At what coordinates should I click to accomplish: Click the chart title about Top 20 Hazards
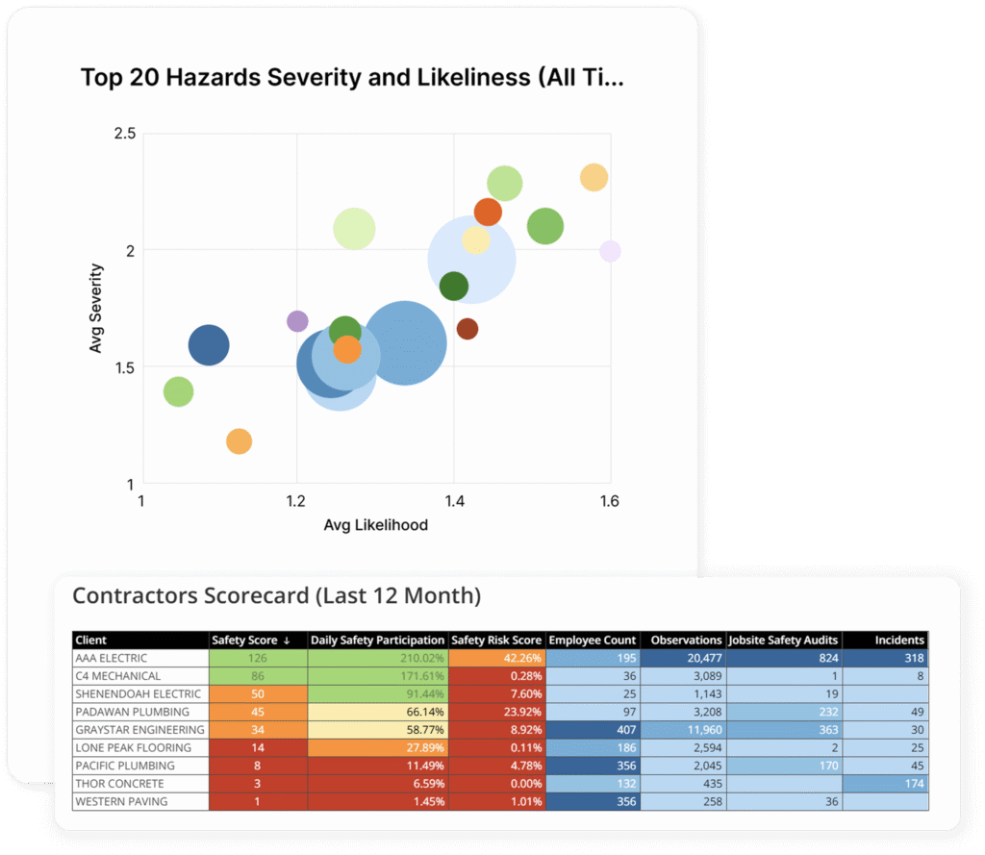click(352, 78)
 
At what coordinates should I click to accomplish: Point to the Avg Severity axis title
click(96, 308)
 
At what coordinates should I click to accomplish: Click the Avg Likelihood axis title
click(376, 525)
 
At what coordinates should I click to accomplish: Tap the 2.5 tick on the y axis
click(125, 133)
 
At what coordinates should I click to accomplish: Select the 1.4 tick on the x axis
click(453, 501)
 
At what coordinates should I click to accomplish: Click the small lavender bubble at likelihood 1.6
click(610, 251)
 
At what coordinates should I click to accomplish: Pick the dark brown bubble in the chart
click(467, 329)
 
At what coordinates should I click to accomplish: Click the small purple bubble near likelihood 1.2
click(298, 321)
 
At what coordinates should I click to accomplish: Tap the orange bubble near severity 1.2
click(239, 441)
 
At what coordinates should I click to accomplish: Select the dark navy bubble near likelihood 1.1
click(209, 345)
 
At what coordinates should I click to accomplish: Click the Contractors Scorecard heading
click(276, 596)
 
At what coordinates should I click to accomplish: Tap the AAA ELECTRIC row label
click(112, 659)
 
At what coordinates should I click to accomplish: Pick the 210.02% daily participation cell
click(377, 659)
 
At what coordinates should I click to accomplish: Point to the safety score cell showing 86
click(258, 676)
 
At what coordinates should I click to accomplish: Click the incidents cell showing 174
click(886, 784)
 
